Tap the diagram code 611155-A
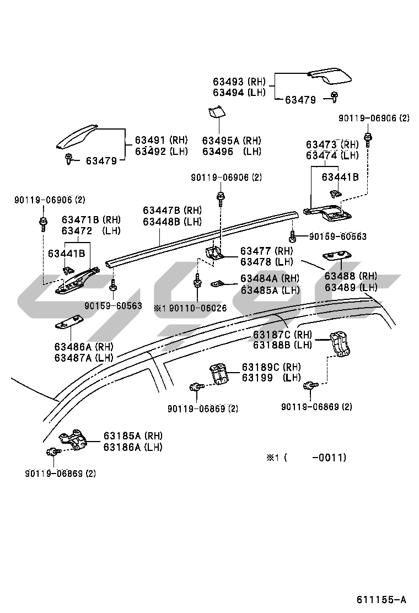pyautogui.click(x=381, y=599)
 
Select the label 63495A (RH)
pyautogui.click(x=232, y=141)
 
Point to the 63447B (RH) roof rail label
pyautogui.click(x=172, y=211)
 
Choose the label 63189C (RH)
pyautogui.click(x=271, y=367)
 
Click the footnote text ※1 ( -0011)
pyautogui.click(x=306, y=458)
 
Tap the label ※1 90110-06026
pyautogui.click(x=190, y=308)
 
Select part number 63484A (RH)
pyautogui.click(x=270, y=279)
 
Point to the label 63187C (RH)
pyautogui.click(x=282, y=335)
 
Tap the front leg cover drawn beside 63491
pyautogui.click(x=76, y=138)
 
